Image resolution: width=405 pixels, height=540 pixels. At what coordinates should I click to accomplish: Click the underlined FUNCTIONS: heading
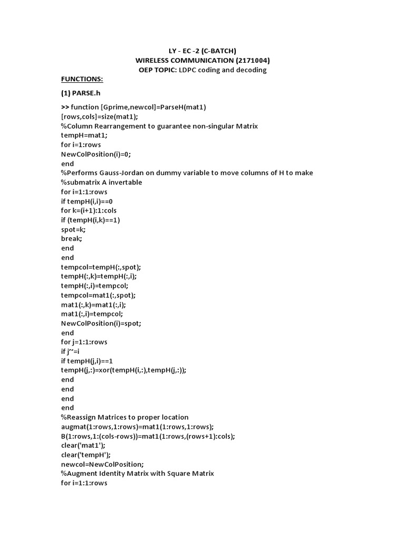82,79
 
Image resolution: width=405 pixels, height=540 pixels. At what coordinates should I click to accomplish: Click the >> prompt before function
65,107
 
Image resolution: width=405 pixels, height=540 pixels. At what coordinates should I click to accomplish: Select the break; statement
72,239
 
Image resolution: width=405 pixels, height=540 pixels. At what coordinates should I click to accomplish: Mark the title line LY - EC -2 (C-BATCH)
202,51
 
